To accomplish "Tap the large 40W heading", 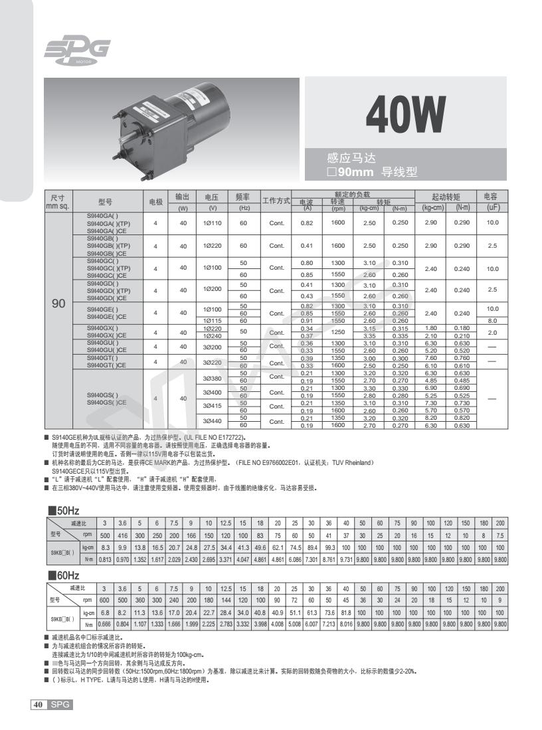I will [x=405, y=114].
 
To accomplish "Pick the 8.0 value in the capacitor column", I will [x=492, y=321].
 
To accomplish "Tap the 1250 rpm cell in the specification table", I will [x=338, y=331].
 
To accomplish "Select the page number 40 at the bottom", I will [x=38, y=704].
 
